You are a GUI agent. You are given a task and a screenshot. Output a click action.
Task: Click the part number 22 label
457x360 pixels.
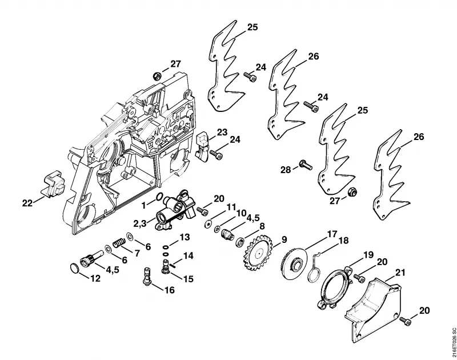27,203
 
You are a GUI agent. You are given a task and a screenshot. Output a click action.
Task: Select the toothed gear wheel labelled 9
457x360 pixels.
258,254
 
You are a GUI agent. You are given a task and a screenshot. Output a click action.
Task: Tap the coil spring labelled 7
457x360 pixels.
119,243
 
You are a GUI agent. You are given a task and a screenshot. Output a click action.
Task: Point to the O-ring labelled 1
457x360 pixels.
159,197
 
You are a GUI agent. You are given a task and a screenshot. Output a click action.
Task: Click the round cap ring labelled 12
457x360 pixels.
75,268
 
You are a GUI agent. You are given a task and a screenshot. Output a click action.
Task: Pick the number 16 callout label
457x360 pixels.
169,290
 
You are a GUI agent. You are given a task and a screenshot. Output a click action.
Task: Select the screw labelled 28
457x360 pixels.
306,165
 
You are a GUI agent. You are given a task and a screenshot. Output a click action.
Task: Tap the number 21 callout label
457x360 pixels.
400,273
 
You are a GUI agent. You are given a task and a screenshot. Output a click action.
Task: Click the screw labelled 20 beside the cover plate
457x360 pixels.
406,322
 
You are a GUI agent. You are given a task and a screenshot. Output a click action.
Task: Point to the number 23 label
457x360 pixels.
222,132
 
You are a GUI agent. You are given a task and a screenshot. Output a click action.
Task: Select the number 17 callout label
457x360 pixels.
332,234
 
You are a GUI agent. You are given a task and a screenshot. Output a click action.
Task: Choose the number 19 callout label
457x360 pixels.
368,255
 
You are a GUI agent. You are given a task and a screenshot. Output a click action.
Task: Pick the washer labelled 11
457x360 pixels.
207,224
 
